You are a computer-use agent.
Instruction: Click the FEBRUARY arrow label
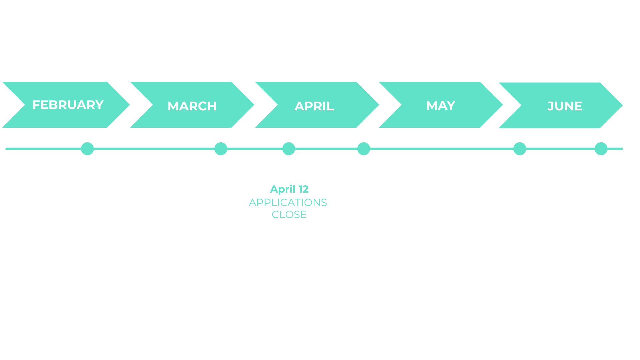click(68, 105)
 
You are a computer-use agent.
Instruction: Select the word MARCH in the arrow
click(192, 106)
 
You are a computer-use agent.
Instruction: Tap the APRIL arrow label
click(314, 106)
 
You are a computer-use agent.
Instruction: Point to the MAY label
click(441, 105)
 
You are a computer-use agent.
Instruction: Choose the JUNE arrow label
click(565, 106)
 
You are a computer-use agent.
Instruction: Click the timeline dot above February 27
click(87, 149)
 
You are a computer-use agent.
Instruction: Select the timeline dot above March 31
click(221, 149)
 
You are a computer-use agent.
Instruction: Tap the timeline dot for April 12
click(289, 149)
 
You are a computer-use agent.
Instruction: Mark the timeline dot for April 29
click(364, 149)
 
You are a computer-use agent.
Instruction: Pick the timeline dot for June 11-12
click(520, 149)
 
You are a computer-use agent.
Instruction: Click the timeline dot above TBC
click(601, 149)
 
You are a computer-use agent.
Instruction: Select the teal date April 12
click(289, 189)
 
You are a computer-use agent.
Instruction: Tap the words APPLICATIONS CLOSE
click(288, 208)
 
